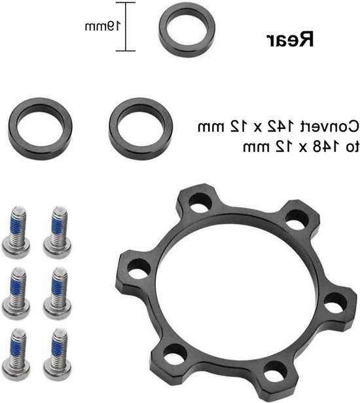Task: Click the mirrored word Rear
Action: (290, 39)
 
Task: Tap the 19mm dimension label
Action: (103, 26)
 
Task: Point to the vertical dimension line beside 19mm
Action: (126, 27)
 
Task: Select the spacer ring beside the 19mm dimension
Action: (187, 31)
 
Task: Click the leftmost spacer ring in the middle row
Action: (41, 128)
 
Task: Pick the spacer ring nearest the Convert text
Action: (141, 128)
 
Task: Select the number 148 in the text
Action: (320, 147)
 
